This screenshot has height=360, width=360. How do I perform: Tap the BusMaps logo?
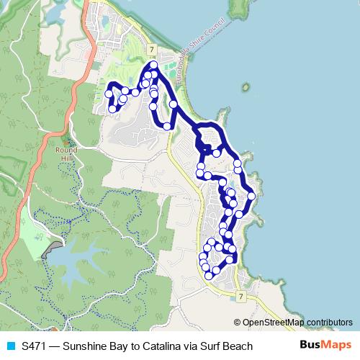point(325,346)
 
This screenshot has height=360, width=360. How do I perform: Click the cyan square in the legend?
point(9,346)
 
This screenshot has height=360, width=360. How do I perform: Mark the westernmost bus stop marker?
point(109,94)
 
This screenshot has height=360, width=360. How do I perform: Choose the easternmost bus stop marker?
point(251,195)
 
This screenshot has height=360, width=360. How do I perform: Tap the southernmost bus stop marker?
point(208,275)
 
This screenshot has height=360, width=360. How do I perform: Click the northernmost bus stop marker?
point(153,65)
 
